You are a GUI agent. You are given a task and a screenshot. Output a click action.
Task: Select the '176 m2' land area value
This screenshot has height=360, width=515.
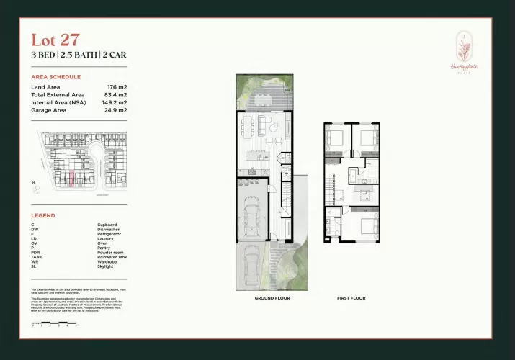[x=117, y=87]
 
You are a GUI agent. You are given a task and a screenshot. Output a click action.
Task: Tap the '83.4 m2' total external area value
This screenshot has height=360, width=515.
[x=115, y=95]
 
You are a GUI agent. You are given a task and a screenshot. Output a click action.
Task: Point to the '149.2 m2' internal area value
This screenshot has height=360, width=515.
[x=113, y=103]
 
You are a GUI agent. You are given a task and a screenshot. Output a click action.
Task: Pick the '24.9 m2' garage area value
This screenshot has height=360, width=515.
[x=115, y=111]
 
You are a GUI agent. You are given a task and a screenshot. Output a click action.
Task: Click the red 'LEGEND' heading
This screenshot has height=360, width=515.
[x=43, y=215]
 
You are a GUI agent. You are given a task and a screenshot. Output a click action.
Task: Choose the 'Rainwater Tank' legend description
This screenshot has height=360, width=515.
[x=112, y=256]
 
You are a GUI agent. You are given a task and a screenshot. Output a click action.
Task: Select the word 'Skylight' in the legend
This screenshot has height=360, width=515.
[x=106, y=266]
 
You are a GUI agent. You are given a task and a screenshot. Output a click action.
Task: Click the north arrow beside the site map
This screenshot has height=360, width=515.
[x=34, y=184]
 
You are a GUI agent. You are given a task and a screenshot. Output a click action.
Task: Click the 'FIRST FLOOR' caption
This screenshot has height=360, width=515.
[x=351, y=297]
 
